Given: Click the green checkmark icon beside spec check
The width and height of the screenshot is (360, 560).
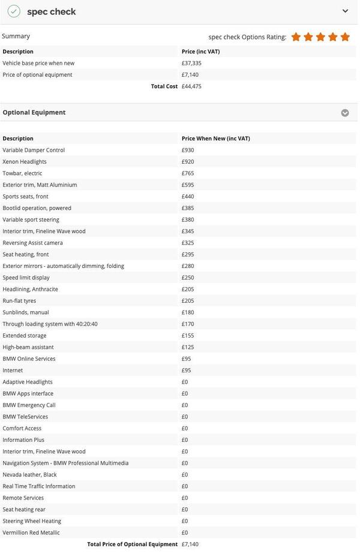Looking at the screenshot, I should pyautogui.click(x=14, y=11).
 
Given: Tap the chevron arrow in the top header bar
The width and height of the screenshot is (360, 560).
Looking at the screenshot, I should pyautogui.click(x=345, y=11).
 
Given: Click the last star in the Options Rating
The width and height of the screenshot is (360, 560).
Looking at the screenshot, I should pyautogui.click(x=345, y=37).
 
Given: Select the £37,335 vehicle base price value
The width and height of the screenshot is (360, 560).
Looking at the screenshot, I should pyautogui.click(x=191, y=63).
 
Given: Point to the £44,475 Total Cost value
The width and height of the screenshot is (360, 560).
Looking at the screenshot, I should pyautogui.click(x=191, y=86).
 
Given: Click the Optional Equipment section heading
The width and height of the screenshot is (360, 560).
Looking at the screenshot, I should pyautogui.click(x=34, y=112).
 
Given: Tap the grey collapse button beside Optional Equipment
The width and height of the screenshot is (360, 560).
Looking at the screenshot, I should pyautogui.click(x=345, y=113).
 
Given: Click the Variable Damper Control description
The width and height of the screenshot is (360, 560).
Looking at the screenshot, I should pyautogui.click(x=34, y=150).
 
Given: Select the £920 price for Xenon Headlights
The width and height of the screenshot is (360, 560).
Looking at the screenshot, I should pyautogui.click(x=188, y=162).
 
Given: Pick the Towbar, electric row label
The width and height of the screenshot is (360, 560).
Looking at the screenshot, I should pyautogui.click(x=22, y=173).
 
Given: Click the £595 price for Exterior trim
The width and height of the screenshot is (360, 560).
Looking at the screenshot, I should pyautogui.click(x=188, y=185).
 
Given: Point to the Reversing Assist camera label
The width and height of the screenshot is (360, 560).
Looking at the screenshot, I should pyautogui.click(x=32, y=243).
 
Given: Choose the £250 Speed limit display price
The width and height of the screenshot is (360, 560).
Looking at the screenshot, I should pyautogui.click(x=188, y=278).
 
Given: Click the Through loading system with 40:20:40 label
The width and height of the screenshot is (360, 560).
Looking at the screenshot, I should pyautogui.click(x=50, y=324).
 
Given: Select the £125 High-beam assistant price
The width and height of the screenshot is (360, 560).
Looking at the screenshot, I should pyautogui.click(x=188, y=347).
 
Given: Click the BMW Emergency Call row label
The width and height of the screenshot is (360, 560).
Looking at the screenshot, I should pyautogui.click(x=29, y=405).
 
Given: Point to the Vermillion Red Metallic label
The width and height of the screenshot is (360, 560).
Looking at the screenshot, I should pyautogui.click(x=31, y=532).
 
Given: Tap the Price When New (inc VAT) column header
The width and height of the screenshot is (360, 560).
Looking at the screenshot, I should pyautogui.click(x=215, y=139).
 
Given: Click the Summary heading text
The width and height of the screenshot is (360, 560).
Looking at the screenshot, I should pyautogui.click(x=16, y=36).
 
